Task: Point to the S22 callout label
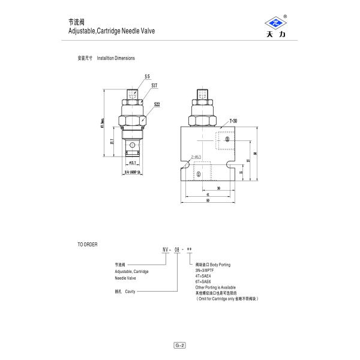(x=157, y=104)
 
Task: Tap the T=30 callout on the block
(x=233, y=121)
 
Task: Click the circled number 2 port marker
(x=228, y=139)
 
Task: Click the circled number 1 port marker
(x=199, y=174)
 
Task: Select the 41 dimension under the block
(x=207, y=194)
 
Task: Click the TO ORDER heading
(x=88, y=245)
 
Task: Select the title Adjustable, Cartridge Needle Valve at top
(x=107, y=29)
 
